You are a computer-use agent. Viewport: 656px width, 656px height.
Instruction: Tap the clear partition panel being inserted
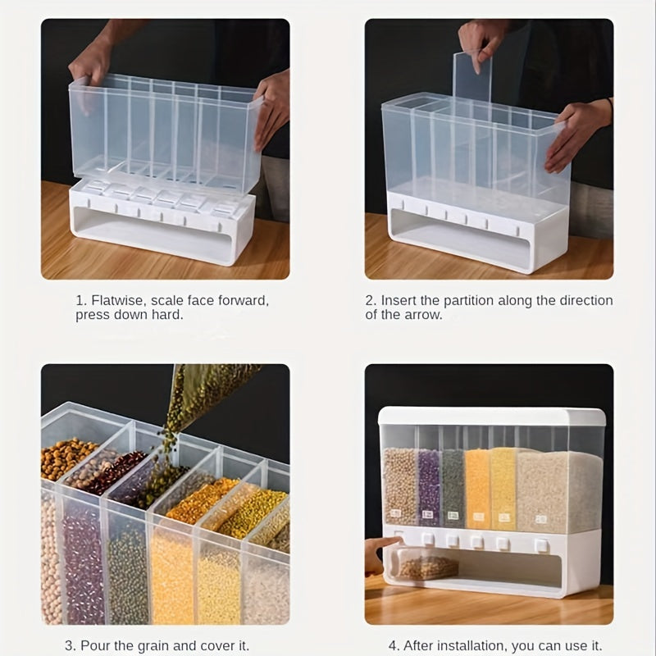click(x=472, y=80)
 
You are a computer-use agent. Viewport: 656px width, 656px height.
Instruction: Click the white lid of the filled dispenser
click(x=492, y=417)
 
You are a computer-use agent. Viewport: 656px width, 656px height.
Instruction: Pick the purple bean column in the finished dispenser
click(x=429, y=488)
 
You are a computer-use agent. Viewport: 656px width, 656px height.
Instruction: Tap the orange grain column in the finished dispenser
click(x=477, y=488)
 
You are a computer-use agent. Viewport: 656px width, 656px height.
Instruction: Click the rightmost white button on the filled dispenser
click(x=541, y=544)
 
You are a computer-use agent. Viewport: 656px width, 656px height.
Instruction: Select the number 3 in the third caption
click(x=69, y=645)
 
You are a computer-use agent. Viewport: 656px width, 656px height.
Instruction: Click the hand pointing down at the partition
click(x=481, y=45)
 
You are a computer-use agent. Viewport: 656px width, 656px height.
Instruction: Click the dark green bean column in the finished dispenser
click(x=453, y=488)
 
